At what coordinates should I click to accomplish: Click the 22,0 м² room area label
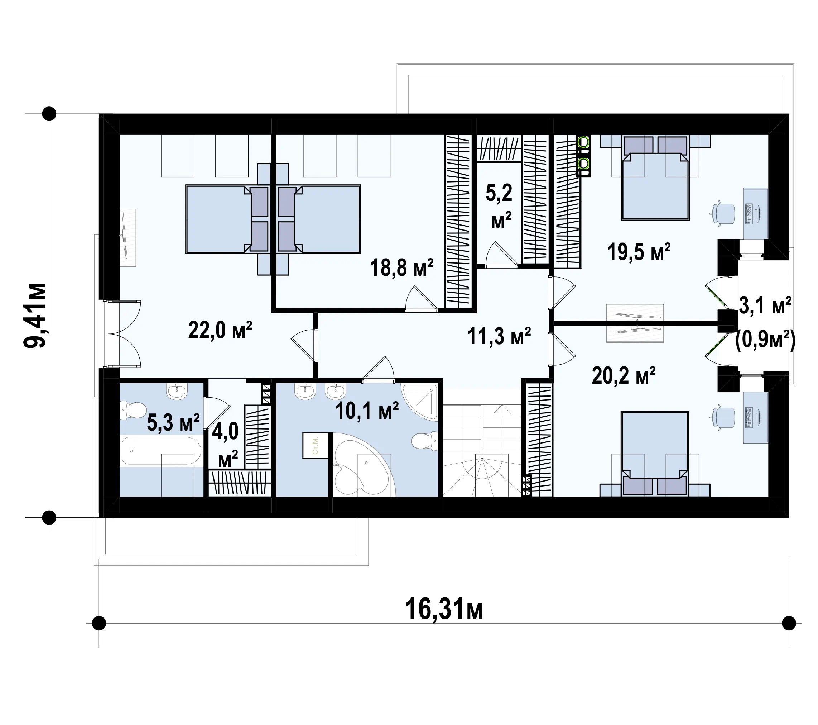coord(220,330)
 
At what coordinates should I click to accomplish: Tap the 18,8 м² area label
coord(401,267)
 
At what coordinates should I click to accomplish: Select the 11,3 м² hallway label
coord(499,336)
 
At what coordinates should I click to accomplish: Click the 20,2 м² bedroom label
coord(624,376)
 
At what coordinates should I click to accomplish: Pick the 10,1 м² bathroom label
coord(367,411)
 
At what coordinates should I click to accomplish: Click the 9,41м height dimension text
coord(35,316)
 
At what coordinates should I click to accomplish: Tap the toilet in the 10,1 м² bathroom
coord(425,441)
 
